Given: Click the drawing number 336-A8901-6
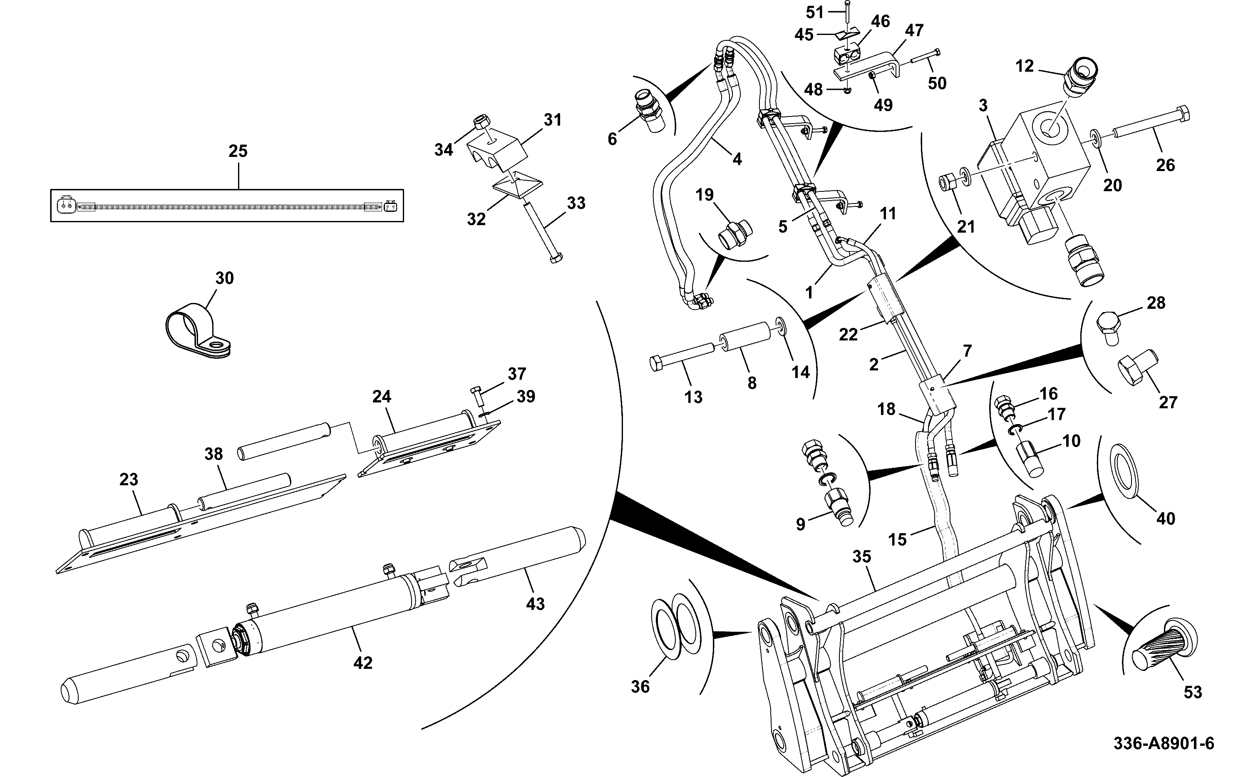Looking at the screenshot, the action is pos(1164,743).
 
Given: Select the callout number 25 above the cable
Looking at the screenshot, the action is pos(238,151).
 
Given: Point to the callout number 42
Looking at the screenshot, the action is pos(363,663).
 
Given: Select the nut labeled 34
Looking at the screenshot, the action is pos(481,123).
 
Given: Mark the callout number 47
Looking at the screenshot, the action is pos(914,30).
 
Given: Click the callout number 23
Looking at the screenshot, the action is pos(129,480).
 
